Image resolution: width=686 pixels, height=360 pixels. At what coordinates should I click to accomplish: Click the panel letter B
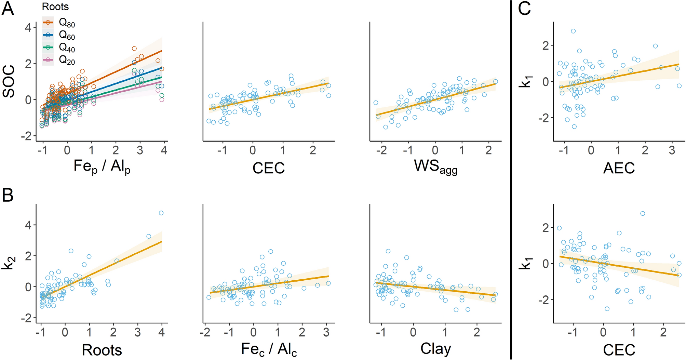point(8,195)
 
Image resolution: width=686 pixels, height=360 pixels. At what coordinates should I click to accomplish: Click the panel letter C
point(524,9)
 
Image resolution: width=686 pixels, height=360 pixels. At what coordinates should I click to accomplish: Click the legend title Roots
point(55,6)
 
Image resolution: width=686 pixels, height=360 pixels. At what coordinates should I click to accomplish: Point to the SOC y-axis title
point(9,81)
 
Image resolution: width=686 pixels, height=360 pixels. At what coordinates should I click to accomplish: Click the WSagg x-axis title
point(436,167)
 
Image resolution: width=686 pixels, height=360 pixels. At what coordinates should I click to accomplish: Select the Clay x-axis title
point(436,349)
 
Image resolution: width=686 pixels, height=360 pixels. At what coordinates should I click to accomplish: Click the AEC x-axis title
point(619,168)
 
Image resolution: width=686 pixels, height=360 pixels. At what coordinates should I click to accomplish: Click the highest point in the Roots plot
point(161,213)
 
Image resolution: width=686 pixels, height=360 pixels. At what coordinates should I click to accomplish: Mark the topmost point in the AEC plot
point(573,31)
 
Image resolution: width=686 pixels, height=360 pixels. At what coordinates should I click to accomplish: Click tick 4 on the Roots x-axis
point(162,332)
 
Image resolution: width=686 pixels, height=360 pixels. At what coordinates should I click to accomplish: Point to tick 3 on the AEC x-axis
point(672,150)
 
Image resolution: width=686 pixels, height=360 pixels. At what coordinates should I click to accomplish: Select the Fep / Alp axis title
point(102,167)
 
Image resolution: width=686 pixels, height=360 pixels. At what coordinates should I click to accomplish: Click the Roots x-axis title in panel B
point(102,350)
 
